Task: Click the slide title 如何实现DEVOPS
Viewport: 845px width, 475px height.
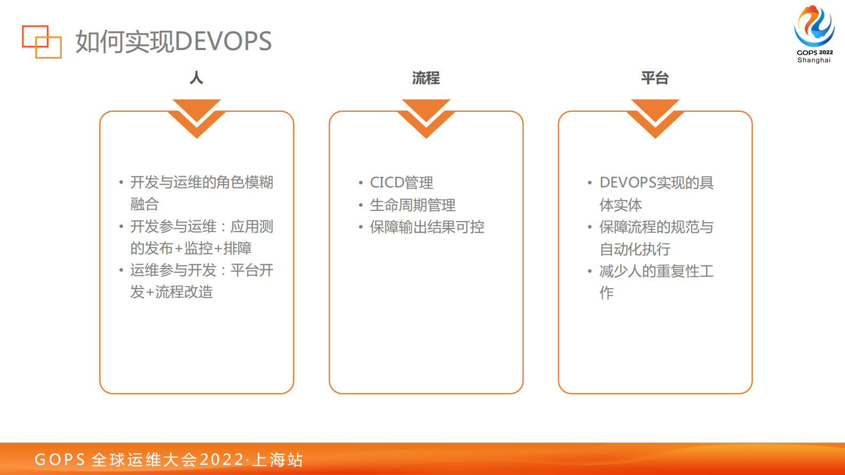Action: tap(173, 42)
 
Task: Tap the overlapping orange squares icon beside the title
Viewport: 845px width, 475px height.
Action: tap(42, 42)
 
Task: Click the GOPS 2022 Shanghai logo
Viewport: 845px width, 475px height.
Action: tap(814, 34)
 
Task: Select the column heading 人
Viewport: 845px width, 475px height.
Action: tap(196, 78)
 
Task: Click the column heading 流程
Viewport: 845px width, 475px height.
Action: tap(425, 78)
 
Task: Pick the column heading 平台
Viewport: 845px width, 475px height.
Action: tap(654, 78)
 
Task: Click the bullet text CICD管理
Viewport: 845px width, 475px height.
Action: tap(401, 183)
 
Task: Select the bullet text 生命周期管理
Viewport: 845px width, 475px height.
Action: tap(413, 205)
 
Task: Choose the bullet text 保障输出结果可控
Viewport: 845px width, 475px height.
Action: tap(427, 227)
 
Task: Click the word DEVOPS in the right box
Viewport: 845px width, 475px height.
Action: tap(628, 183)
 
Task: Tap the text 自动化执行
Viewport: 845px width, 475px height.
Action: tap(635, 249)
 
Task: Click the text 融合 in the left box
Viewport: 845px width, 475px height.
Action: tap(144, 204)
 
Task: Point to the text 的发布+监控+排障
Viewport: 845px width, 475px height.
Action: tap(191, 248)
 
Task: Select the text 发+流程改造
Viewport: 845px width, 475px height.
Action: tap(171, 292)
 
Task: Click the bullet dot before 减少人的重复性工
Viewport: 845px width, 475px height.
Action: tap(589, 271)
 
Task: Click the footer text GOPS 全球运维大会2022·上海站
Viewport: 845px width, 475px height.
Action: tap(168, 460)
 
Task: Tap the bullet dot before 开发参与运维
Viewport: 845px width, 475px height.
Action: tap(121, 227)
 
